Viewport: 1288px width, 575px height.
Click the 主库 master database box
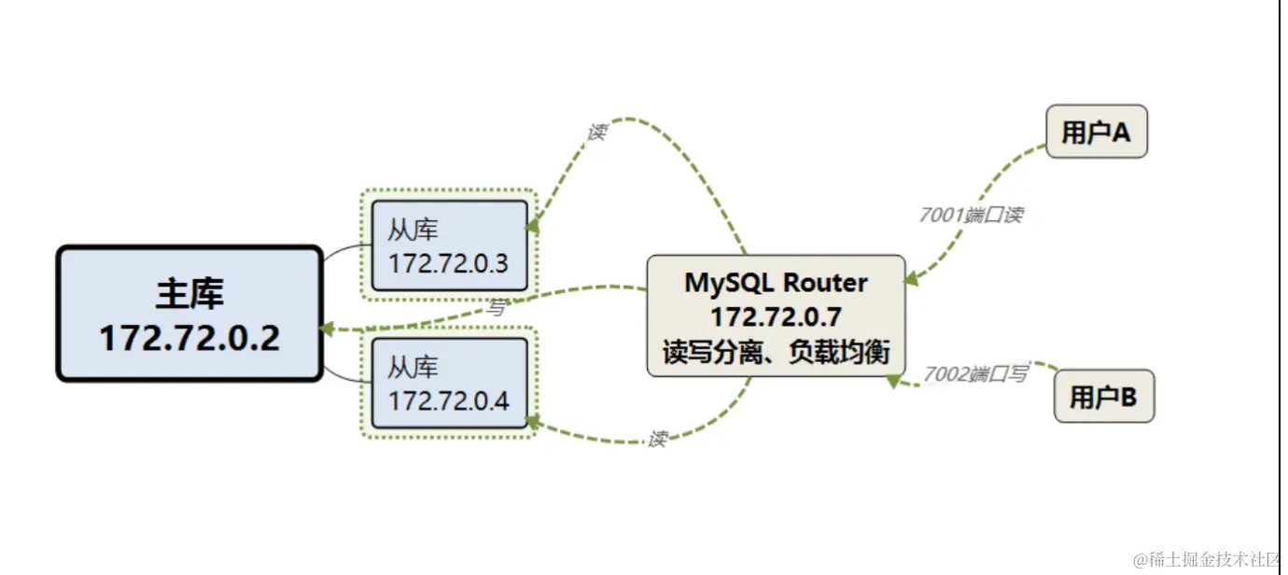189,314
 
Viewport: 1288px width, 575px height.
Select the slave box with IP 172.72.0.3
449,245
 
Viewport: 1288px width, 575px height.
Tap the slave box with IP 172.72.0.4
449,383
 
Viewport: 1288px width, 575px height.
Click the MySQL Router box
776,316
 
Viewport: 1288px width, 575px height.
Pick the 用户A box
1096,132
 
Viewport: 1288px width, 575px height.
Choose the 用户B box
1103,397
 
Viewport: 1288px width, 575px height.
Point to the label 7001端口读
971,215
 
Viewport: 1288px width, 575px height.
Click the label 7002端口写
976,374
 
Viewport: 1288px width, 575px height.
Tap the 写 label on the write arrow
497,308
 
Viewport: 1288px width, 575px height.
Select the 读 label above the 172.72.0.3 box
596,132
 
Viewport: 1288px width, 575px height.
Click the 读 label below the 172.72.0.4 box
657,439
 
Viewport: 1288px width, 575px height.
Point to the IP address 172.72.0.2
189,337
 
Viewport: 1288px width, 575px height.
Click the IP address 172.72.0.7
776,316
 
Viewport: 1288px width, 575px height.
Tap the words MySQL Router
776,282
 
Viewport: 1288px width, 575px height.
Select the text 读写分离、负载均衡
776,352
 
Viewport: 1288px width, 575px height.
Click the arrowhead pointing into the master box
327,329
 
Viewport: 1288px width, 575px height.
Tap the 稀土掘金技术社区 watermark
1208,559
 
